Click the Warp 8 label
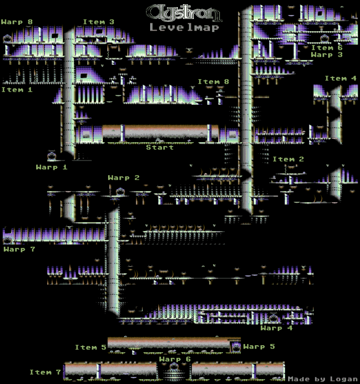tap(17, 22)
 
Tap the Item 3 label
tap(98, 22)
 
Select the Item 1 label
tap(17, 90)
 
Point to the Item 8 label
tap(213, 82)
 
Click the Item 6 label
tap(327, 48)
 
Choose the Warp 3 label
tap(327, 55)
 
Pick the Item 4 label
tap(340, 78)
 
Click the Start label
tap(160, 147)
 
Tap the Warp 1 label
tap(52, 167)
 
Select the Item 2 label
tap(288, 159)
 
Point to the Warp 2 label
tap(123, 178)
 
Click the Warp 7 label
tap(19, 249)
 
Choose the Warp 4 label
tap(276, 328)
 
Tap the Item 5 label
tap(91, 347)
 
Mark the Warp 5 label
tap(259, 347)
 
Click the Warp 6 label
tap(175, 359)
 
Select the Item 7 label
tap(45, 372)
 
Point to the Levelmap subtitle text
tap(185, 28)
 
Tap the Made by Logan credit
tap(323, 379)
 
